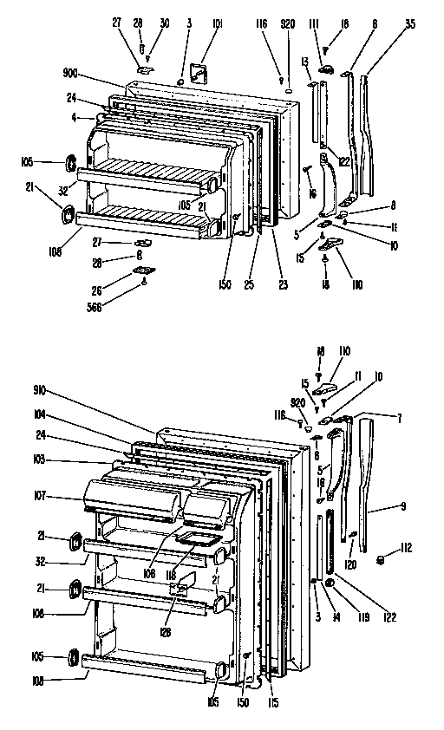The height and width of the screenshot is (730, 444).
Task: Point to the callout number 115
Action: [274, 701]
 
